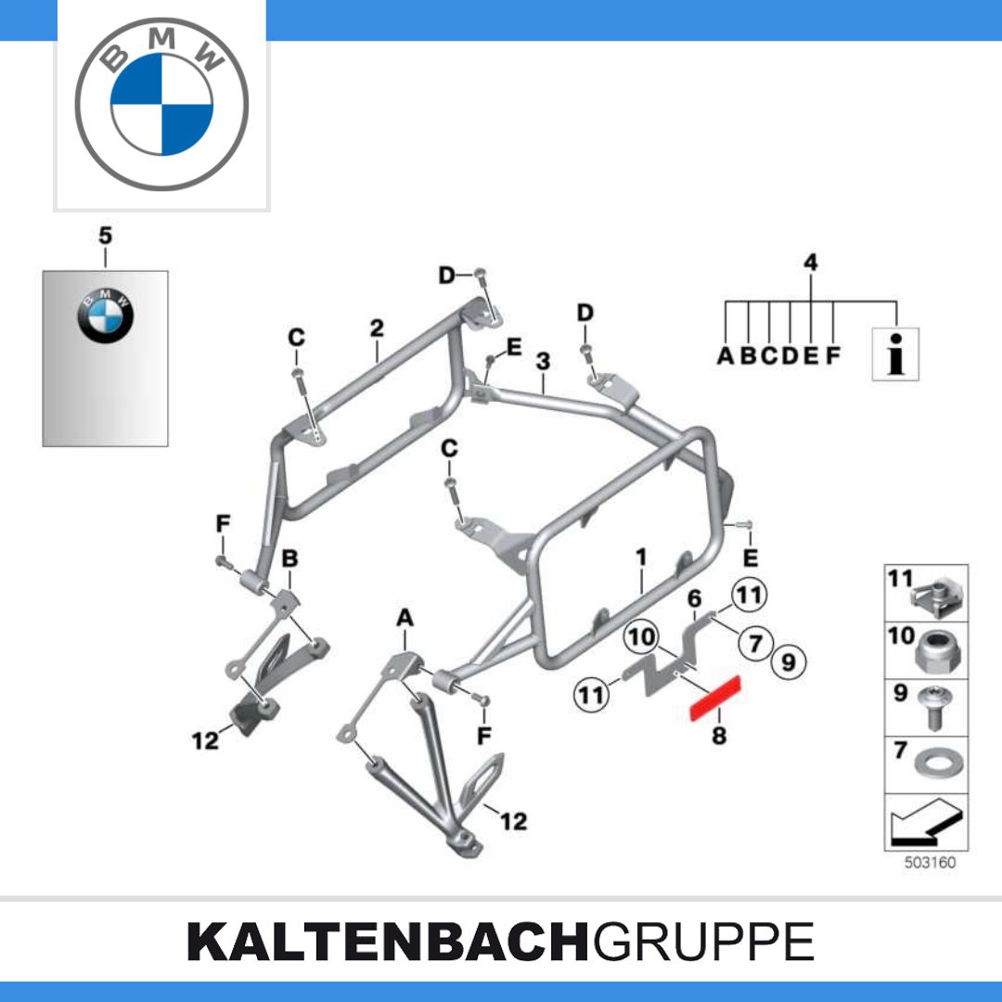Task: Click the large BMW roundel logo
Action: coord(161,104)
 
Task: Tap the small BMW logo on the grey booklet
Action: coord(106,315)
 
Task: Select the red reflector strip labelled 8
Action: coord(714,698)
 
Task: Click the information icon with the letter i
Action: coord(896,354)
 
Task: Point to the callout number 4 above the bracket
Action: coord(810,263)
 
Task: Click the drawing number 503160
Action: coord(930,863)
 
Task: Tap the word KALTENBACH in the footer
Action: coord(387,942)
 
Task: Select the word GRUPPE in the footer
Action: coord(703,942)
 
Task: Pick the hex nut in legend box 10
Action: coord(939,651)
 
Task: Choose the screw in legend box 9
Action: coord(935,707)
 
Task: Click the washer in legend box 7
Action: coord(938,763)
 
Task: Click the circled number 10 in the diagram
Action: coord(642,636)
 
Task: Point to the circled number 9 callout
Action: coord(789,662)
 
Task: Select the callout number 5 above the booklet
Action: coord(105,236)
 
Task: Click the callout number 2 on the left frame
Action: coord(377,328)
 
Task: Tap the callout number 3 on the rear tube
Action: coord(543,362)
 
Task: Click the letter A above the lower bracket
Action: coord(405,618)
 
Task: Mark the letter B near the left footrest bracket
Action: coord(290,559)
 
